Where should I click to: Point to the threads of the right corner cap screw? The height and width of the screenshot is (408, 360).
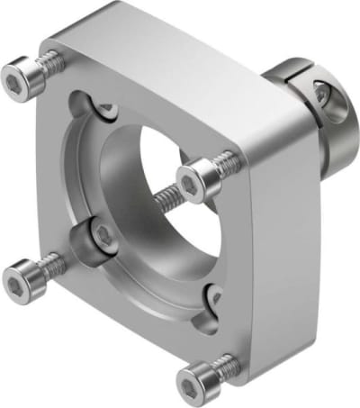pyautogui.click(x=227, y=164)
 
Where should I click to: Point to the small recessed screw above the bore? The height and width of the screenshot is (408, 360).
pyautogui.click(x=106, y=110)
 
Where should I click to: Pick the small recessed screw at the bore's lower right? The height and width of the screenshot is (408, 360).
pyautogui.click(x=213, y=295)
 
